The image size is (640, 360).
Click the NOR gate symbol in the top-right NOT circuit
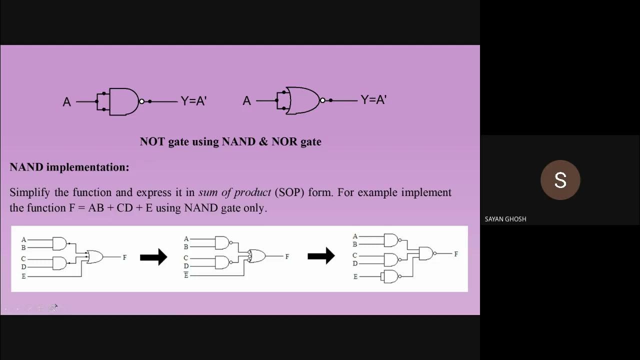tap(302, 101)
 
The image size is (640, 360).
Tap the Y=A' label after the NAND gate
tap(193, 101)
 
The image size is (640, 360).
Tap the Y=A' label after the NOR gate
tap(373, 100)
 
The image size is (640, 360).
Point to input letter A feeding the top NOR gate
tap(246, 101)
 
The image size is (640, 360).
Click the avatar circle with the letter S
tap(560, 180)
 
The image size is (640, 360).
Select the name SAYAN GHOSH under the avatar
tap(505, 219)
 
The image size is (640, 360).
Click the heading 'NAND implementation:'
tap(69, 167)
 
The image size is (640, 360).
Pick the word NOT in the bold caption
tap(152, 141)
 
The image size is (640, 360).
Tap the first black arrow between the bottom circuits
tap(153, 257)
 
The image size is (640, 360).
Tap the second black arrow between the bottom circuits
tap(321, 255)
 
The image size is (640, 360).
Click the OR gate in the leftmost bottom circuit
tap(94, 257)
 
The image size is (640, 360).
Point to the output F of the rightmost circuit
tap(456, 254)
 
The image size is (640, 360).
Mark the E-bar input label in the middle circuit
tap(186, 275)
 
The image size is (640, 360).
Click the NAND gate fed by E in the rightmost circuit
tap(390, 276)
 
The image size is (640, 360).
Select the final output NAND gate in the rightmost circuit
tap(426, 253)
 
